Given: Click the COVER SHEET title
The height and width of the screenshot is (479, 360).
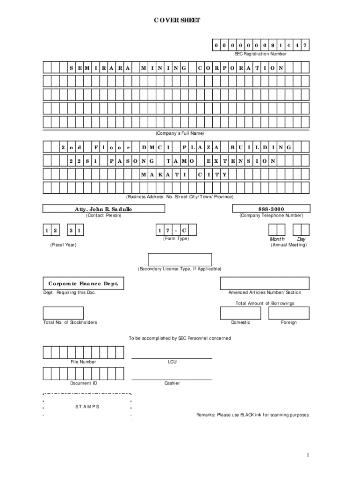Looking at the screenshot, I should click(x=177, y=20).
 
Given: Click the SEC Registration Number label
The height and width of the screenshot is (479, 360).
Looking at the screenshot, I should click(x=260, y=54).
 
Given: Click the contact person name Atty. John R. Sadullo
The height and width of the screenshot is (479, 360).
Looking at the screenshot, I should click(x=103, y=209).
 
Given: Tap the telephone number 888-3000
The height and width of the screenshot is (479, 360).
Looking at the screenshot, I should click(x=271, y=209).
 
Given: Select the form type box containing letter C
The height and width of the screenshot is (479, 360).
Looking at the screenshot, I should click(x=184, y=230).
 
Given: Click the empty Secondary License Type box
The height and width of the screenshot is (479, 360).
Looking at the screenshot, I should click(x=180, y=260).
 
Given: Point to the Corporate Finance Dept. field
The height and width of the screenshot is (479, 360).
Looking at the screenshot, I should click(x=84, y=284).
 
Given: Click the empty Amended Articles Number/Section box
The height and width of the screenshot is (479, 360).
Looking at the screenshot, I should click(x=265, y=283).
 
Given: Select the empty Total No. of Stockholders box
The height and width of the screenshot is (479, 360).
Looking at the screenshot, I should click(x=63, y=313).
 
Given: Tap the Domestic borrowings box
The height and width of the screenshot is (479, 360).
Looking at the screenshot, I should click(x=241, y=313).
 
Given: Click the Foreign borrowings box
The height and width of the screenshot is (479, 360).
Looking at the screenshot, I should click(x=289, y=313).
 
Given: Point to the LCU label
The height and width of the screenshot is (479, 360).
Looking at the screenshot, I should click(x=172, y=362).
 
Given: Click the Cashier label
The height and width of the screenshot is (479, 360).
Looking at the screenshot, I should click(x=172, y=383).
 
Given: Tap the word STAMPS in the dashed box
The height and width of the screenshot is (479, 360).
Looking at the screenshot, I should click(x=87, y=406).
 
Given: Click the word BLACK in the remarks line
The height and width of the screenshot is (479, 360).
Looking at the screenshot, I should click(x=247, y=415).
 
